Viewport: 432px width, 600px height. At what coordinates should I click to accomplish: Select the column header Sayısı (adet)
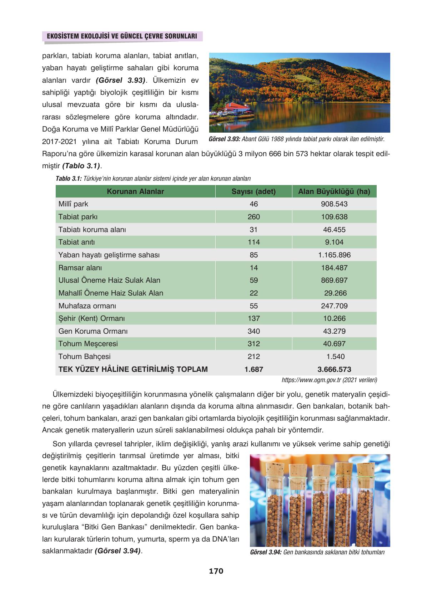tap(253, 191)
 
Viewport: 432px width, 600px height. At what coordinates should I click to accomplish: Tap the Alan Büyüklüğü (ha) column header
tap(334, 191)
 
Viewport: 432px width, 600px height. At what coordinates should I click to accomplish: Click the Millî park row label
tap(73, 204)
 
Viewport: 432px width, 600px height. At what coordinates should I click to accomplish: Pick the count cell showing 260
tap(253, 217)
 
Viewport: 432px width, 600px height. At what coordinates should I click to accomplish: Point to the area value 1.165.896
tap(334, 255)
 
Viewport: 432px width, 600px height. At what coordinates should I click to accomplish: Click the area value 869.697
tap(334, 280)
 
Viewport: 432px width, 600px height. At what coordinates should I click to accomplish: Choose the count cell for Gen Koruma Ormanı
tap(253, 331)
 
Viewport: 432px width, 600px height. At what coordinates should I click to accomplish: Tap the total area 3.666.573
tap(334, 369)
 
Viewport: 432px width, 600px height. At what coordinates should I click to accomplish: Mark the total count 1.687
tap(253, 369)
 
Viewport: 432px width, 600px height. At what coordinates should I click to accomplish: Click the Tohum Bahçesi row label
tap(84, 357)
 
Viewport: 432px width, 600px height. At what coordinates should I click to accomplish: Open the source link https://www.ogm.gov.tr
tap(311, 380)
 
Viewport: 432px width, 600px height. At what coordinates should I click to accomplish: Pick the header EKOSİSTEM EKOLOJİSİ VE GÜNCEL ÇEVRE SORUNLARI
tap(120, 36)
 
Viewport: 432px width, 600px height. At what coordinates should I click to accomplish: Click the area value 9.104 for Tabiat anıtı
tap(334, 242)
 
